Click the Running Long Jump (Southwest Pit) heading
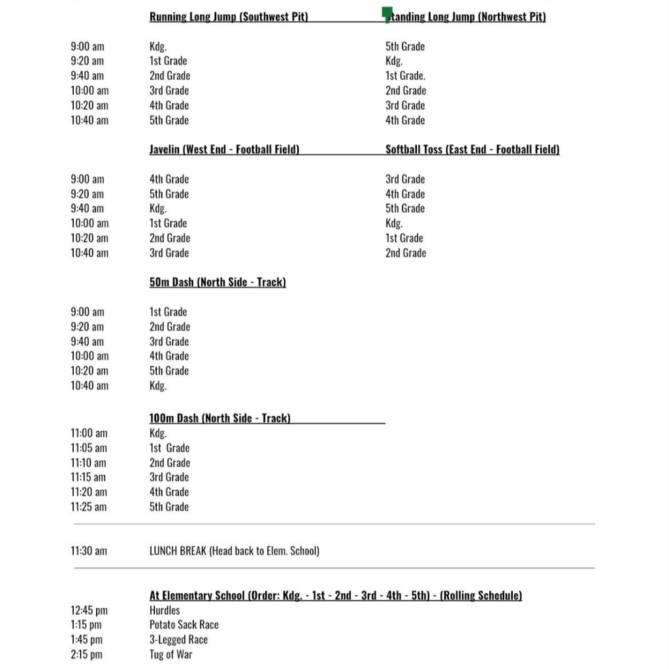pyautogui.click(x=229, y=17)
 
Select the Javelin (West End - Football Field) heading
pyautogui.click(x=224, y=150)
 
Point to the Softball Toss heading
pyautogui.click(x=472, y=150)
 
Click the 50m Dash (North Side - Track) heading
pyautogui.click(x=218, y=282)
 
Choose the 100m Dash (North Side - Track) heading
pyautogui.click(x=220, y=418)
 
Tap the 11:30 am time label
pyautogui.click(x=89, y=551)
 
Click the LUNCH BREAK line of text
pyautogui.click(x=235, y=551)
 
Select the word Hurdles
pyautogui.click(x=165, y=610)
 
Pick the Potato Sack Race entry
pyautogui.click(x=184, y=625)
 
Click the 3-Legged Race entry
pyautogui.click(x=178, y=640)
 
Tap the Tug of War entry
pyautogui.click(x=171, y=654)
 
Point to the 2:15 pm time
pyautogui.click(x=87, y=654)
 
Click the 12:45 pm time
pyautogui.click(x=90, y=610)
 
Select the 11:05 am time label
pyautogui.click(x=89, y=448)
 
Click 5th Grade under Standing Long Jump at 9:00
pyautogui.click(x=405, y=46)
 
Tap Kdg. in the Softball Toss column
pyautogui.click(x=394, y=223)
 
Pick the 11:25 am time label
pyautogui.click(x=89, y=507)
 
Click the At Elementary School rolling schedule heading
pyautogui.click(x=335, y=595)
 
